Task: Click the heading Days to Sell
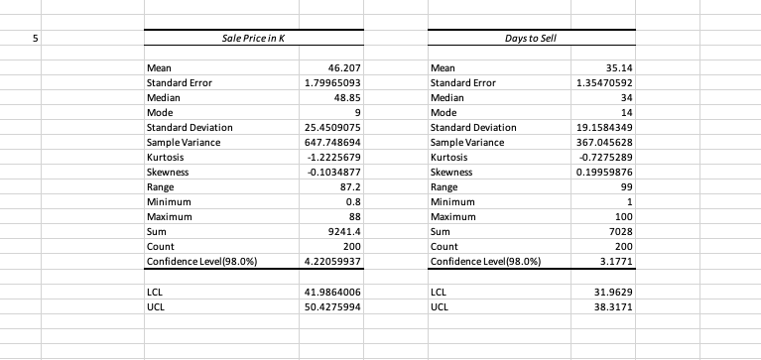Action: (x=534, y=38)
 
